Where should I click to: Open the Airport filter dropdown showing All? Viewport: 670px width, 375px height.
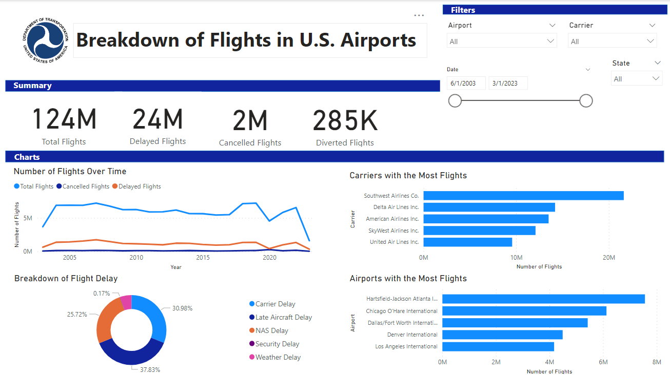[501, 41]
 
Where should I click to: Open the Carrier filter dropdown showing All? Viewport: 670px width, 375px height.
[612, 41]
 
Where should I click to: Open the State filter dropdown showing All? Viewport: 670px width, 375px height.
[637, 79]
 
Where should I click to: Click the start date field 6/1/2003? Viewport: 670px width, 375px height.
[466, 83]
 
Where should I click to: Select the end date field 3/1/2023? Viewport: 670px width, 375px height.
[508, 83]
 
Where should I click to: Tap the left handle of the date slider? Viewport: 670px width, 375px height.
[455, 101]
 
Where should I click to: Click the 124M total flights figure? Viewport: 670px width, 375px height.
[64, 120]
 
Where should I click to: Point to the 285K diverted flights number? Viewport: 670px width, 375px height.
[345, 121]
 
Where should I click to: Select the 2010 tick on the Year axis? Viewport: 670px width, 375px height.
[136, 258]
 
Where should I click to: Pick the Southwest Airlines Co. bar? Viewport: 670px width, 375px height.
[523, 196]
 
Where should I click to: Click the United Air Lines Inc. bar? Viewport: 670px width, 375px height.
[468, 242]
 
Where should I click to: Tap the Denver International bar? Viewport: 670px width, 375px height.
[502, 335]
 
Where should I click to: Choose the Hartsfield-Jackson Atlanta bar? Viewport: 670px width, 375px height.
[543, 299]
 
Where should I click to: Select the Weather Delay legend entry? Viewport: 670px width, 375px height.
[278, 357]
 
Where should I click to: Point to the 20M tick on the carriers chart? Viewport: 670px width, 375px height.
[608, 258]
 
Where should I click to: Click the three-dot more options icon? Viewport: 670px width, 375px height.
[419, 15]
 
